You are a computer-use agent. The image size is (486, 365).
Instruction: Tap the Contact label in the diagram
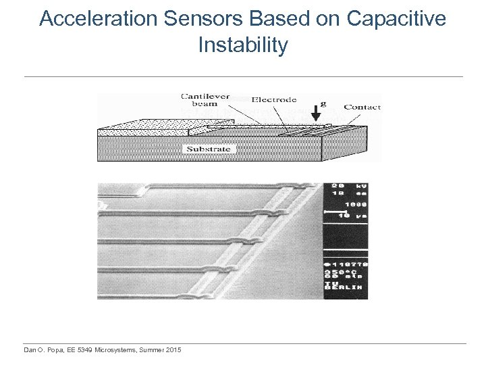(x=362, y=107)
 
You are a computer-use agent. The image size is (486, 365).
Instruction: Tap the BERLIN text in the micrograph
(x=346, y=287)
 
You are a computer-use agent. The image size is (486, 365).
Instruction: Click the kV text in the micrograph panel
(x=359, y=186)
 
